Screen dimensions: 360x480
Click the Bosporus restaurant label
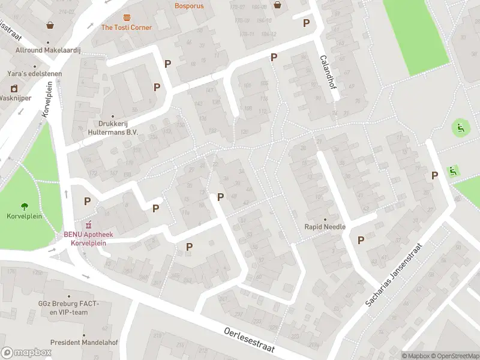(189, 6)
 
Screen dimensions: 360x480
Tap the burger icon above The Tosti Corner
(127, 17)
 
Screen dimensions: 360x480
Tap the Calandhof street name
(327, 72)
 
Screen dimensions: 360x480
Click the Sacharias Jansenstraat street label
(394, 276)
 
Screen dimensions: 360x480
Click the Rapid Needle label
(325, 227)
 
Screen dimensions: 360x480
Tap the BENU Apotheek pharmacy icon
(88, 225)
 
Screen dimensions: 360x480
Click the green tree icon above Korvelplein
(25, 206)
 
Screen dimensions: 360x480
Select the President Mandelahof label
(84, 343)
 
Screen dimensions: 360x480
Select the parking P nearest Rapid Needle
(361, 240)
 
